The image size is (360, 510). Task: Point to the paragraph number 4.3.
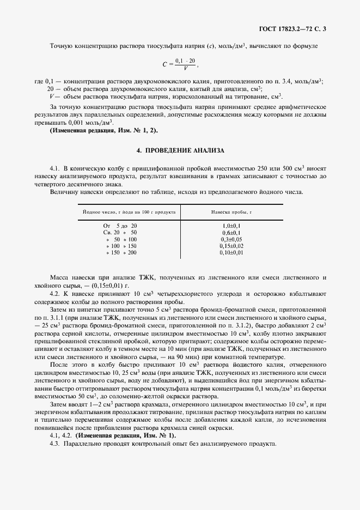pyautogui.click(x=55, y=444)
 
